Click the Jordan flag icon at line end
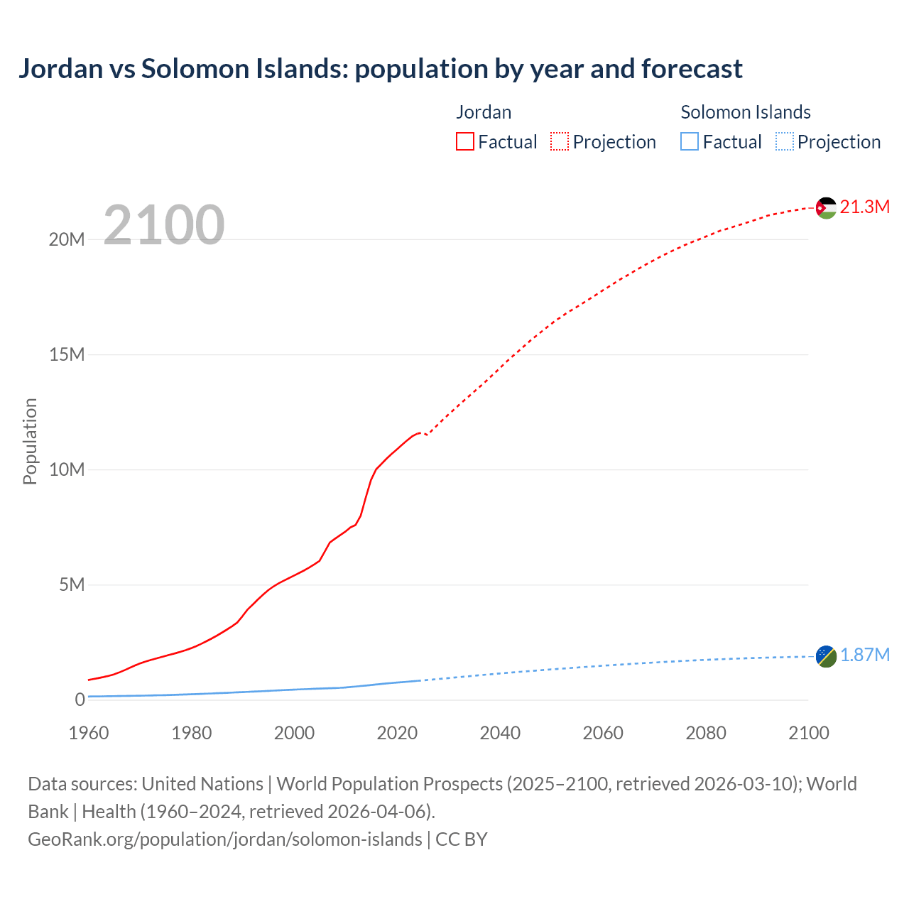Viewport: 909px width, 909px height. pos(826,207)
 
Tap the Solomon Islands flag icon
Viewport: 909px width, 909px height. pos(826,656)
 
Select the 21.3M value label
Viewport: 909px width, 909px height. pos(864,207)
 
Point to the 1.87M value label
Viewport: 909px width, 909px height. pos(864,655)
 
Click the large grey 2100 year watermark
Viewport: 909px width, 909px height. pos(164,225)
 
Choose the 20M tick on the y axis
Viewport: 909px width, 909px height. pos(67,240)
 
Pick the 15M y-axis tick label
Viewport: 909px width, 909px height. pos(67,354)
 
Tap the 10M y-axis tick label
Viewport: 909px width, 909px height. pos(67,469)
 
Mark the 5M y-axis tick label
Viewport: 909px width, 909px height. pos(72,584)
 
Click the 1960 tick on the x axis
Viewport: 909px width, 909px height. pos(89,733)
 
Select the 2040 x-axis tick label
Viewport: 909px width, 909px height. pos(500,733)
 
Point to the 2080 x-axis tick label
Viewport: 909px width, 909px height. pos(706,733)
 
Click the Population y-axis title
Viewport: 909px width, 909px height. pos(30,441)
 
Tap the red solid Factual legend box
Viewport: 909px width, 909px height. pos(465,142)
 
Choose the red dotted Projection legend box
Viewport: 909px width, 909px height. pos(560,142)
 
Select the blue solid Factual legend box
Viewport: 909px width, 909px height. pos(690,142)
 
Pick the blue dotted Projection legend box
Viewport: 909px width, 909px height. pos(784,142)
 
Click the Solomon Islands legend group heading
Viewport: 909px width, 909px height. pos(746,112)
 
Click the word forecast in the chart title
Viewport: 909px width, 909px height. pos(692,69)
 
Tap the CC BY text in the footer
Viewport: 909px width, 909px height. pos(462,839)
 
